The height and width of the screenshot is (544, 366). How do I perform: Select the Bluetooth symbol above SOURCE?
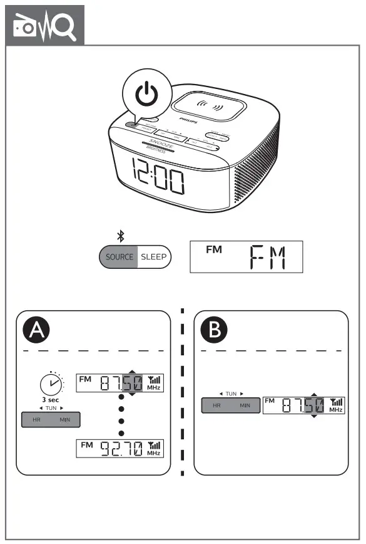121,236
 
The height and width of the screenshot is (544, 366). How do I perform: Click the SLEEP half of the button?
153,257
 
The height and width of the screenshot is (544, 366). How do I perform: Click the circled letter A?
38,330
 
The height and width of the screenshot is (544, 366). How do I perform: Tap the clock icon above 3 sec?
51,384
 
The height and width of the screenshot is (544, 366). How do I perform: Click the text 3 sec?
51,399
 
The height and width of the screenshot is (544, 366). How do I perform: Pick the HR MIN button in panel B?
230,405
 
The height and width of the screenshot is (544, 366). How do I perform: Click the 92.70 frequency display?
120,449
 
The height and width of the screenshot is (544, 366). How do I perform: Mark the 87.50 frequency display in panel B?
303,405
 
